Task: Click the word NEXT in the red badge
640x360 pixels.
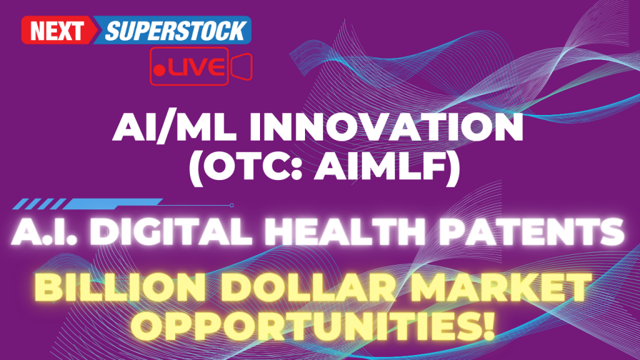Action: coord(57,31)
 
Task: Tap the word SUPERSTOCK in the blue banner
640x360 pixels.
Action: coord(176,31)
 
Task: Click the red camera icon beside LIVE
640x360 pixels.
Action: coord(241,66)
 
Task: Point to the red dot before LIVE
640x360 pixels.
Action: coord(159,70)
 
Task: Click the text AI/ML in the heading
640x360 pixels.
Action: coord(174,127)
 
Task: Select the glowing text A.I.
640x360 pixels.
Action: coord(44,231)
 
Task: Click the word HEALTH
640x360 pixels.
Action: coord(346,231)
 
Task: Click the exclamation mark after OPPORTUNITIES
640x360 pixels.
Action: coord(487,325)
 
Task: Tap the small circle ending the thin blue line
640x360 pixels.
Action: coord(231,205)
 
